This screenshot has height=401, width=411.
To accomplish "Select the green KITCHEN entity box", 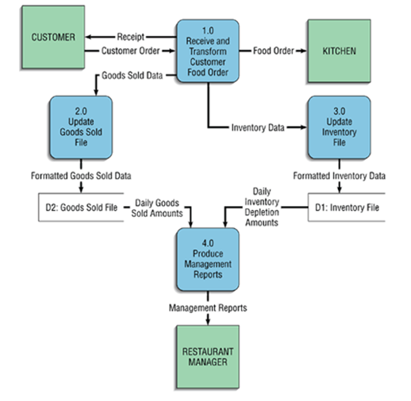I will coord(339,51).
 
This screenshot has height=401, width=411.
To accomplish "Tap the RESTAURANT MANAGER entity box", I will coord(207,357).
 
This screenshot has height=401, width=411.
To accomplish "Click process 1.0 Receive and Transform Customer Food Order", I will coord(208,51).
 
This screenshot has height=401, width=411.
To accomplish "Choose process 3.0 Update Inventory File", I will coord(339,127).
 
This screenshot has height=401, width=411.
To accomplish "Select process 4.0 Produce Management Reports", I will coord(208,259).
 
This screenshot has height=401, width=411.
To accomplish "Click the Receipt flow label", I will coord(131,37).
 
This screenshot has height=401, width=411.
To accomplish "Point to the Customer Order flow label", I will coord(130,51).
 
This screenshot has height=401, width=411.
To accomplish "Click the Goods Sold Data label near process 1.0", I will coord(132,75).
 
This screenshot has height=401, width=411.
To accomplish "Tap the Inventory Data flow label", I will coord(258,127).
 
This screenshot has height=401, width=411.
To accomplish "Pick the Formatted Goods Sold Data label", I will coord(80,175).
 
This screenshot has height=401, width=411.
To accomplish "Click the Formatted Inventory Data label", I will coord(339,175).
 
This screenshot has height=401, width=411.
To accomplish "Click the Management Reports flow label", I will coord(208,308).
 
